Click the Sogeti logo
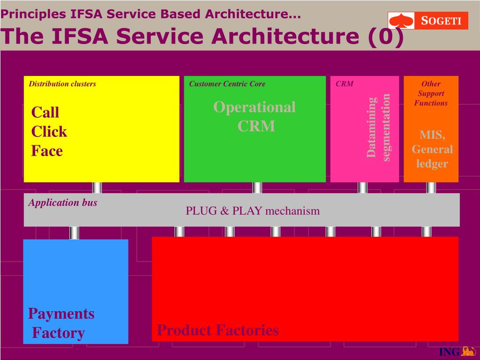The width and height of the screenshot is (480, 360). (x=428, y=21)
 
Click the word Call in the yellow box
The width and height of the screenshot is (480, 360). (x=45, y=112)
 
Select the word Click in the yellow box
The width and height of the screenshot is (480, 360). (x=49, y=132)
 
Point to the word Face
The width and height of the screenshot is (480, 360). (x=47, y=151)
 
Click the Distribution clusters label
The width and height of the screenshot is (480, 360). (x=62, y=84)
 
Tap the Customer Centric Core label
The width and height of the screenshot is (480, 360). (x=227, y=84)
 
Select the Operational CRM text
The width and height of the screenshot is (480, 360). (x=255, y=117)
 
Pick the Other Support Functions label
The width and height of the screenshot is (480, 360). (x=431, y=93)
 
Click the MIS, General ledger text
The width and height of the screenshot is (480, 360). (x=432, y=149)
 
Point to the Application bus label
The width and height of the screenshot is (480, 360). (x=63, y=202)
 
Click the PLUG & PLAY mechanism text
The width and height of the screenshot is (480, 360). (x=253, y=211)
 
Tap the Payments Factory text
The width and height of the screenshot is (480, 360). (x=60, y=323)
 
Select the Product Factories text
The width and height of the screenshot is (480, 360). (x=218, y=330)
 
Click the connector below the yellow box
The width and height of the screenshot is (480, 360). (x=97, y=187)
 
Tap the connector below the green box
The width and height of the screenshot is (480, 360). (x=257, y=187)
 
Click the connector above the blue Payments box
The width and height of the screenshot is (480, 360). (x=74, y=232)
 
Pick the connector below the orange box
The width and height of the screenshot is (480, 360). (x=431, y=187)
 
